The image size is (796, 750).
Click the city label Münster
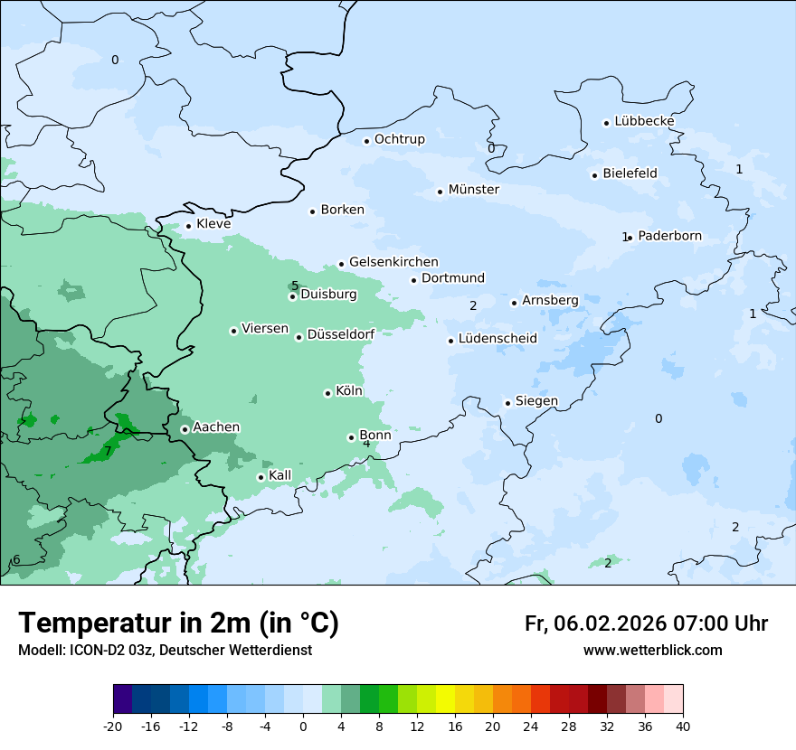pos(473,190)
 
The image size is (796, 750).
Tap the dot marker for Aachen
pos(185,429)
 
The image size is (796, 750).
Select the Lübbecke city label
pos(644,121)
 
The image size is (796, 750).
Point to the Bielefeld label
pos(630,173)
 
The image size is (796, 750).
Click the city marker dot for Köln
pos(327,393)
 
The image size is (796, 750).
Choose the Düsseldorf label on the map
pos(341,335)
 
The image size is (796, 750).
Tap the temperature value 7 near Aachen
pos(108,451)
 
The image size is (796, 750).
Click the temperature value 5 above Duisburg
pos(295,286)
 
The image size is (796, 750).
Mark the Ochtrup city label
pos(399,139)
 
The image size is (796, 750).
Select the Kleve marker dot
pos(188,226)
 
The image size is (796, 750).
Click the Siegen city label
pos(536,401)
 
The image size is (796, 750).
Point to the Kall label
pos(280,475)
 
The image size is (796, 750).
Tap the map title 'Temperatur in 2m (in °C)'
pos(178,623)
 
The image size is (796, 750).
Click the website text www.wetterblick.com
pos(652,651)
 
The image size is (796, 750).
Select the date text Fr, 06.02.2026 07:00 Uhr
pos(646,623)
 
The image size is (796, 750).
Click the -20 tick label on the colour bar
pos(113,726)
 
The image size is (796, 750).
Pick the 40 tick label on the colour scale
pos(682,726)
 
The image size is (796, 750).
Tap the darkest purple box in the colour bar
pos(123,698)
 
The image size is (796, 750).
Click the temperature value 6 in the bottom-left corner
pos(16,560)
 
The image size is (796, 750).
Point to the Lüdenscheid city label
pos(497,339)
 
